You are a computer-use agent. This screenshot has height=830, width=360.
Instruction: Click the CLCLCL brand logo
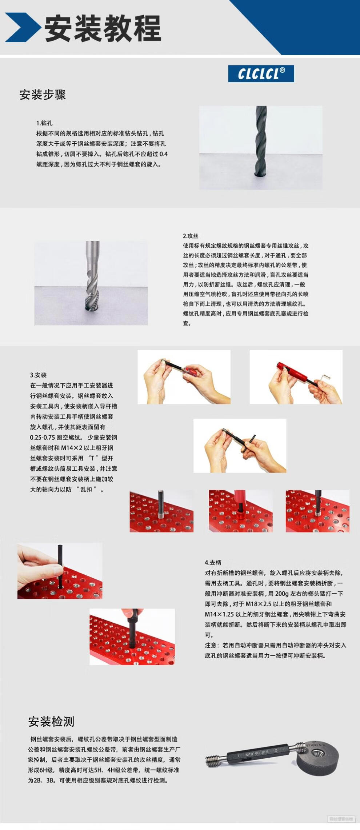261,73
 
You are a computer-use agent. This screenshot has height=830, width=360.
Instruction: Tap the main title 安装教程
103,29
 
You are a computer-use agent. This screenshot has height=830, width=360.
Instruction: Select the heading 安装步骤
43,95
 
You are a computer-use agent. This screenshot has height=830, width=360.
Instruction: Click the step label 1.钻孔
44,123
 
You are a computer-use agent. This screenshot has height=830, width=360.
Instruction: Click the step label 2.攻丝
191,236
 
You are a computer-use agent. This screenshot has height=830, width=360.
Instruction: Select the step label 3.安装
38,375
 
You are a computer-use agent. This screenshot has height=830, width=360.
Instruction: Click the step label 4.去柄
213,562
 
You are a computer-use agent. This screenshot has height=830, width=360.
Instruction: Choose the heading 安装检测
51,721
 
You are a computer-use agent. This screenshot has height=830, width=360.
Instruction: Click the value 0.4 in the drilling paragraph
163,154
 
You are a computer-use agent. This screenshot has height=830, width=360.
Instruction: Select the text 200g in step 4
282,594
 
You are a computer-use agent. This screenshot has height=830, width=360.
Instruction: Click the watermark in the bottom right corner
341,819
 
